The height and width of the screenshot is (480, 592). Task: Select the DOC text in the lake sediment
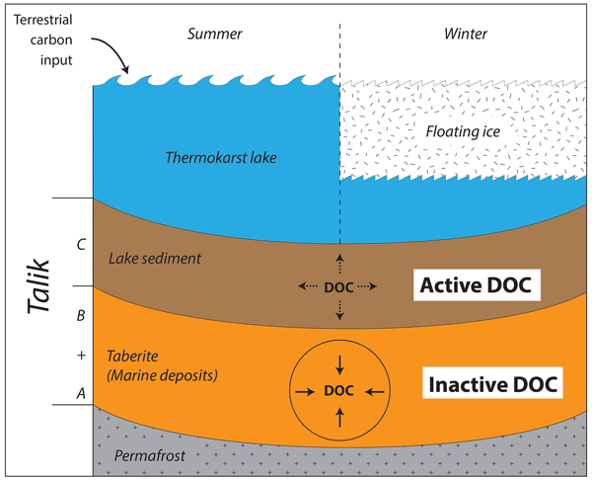click(x=338, y=286)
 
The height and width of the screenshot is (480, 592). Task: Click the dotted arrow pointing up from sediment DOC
click(x=338, y=262)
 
